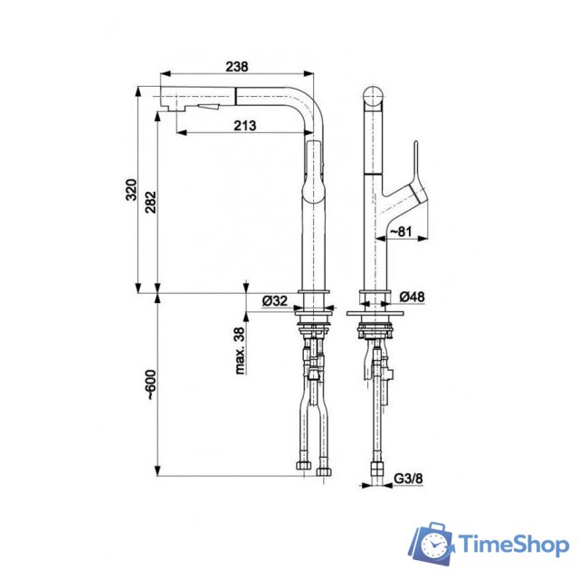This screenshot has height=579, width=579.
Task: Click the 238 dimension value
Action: pyautogui.click(x=237, y=66)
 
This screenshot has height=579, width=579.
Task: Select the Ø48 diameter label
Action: pyautogui.click(x=411, y=297)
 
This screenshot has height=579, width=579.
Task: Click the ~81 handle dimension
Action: pyautogui.click(x=401, y=233)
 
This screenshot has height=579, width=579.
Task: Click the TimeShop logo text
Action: pyautogui.click(x=512, y=545)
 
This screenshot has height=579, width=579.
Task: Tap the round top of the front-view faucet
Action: pyautogui.click(x=375, y=97)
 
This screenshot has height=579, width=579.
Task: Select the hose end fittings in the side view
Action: pyautogui.click(x=313, y=469)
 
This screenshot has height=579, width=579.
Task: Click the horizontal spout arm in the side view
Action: pyautogui.click(x=235, y=96)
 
